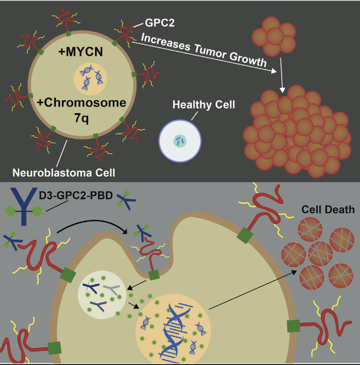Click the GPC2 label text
[158, 23]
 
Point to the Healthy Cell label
[204, 105]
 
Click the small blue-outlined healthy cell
[179, 140]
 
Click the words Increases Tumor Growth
[203, 51]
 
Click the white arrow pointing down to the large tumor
[282, 75]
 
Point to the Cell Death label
[328, 210]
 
